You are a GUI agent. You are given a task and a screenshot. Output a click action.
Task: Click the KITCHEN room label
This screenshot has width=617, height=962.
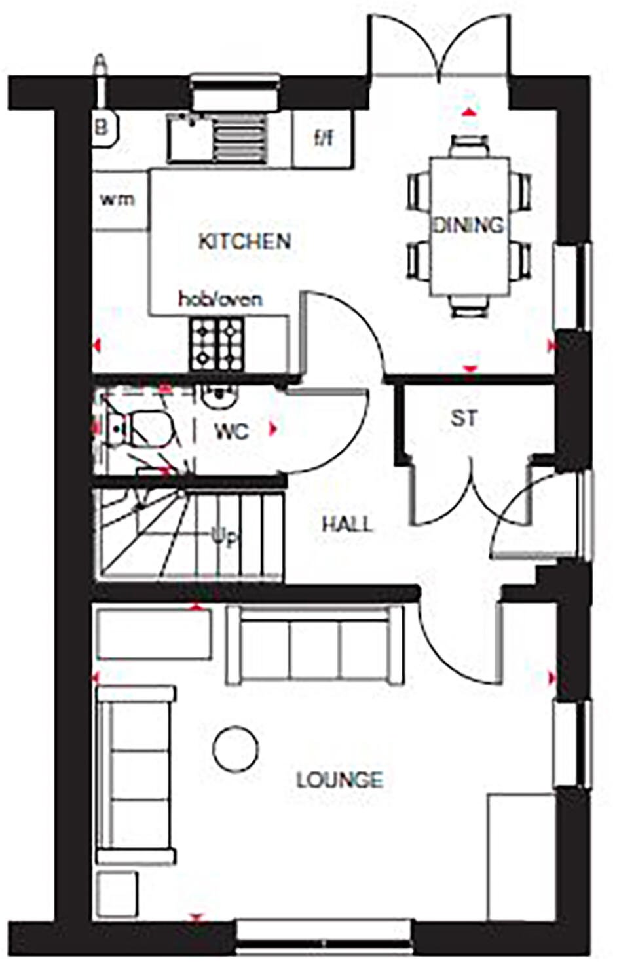point(244,241)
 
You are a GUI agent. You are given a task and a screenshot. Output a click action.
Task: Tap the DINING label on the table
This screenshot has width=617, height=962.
point(469,225)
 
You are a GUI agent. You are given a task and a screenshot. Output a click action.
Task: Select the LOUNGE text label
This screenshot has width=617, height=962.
point(339,780)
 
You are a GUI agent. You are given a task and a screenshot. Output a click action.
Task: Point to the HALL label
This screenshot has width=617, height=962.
point(347,524)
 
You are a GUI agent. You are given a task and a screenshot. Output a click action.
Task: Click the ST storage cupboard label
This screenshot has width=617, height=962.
point(464,418)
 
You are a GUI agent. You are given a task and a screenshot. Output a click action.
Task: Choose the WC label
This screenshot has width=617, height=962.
point(232,432)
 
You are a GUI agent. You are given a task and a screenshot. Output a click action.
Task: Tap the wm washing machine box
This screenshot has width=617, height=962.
point(118,199)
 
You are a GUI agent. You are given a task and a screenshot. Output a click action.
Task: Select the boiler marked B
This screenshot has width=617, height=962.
point(103,126)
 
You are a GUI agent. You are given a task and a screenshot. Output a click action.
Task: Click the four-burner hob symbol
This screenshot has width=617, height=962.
point(217,343)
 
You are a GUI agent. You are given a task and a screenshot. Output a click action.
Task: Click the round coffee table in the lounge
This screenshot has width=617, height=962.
point(235,748)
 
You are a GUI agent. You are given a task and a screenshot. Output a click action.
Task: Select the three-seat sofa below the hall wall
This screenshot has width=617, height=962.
point(314,645)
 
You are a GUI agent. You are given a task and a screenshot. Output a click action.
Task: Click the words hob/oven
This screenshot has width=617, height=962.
point(221,299)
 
